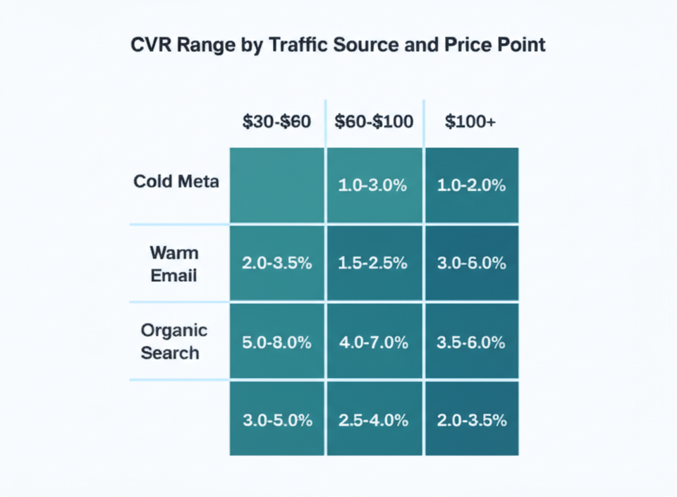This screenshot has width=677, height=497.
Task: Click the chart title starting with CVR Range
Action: [x=338, y=45]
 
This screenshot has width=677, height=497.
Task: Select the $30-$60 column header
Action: [x=276, y=121]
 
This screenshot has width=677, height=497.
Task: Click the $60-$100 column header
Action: [x=374, y=121]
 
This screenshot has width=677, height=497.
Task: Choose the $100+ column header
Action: [x=470, y=121]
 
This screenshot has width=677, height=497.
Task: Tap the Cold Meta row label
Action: [x=176, y=181]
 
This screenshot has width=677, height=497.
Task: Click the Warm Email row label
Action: [x=173, y=264]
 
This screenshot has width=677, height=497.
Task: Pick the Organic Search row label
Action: [x=173, y=341]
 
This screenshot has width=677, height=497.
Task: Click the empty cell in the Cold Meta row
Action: [x=276, y=185]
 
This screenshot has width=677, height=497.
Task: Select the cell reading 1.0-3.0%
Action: [x=374, y=186]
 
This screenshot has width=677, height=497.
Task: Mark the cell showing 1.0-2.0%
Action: [x=470, y=186]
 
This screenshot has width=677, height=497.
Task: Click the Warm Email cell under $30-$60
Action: [x=276, y=263]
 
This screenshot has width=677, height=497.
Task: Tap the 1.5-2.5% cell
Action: [x=374, y=263]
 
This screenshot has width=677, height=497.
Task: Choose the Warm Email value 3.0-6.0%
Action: [x=470, y=263]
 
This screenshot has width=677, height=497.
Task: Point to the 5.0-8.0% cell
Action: [x=276, y=343]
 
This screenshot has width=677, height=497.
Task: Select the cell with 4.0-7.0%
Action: [x=374, y=343]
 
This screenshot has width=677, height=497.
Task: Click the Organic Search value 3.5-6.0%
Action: [x=470, y=343]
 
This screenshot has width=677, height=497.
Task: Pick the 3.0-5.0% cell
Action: [x=276, y=420]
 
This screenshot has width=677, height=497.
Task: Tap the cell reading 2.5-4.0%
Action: [x=374, y=420]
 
